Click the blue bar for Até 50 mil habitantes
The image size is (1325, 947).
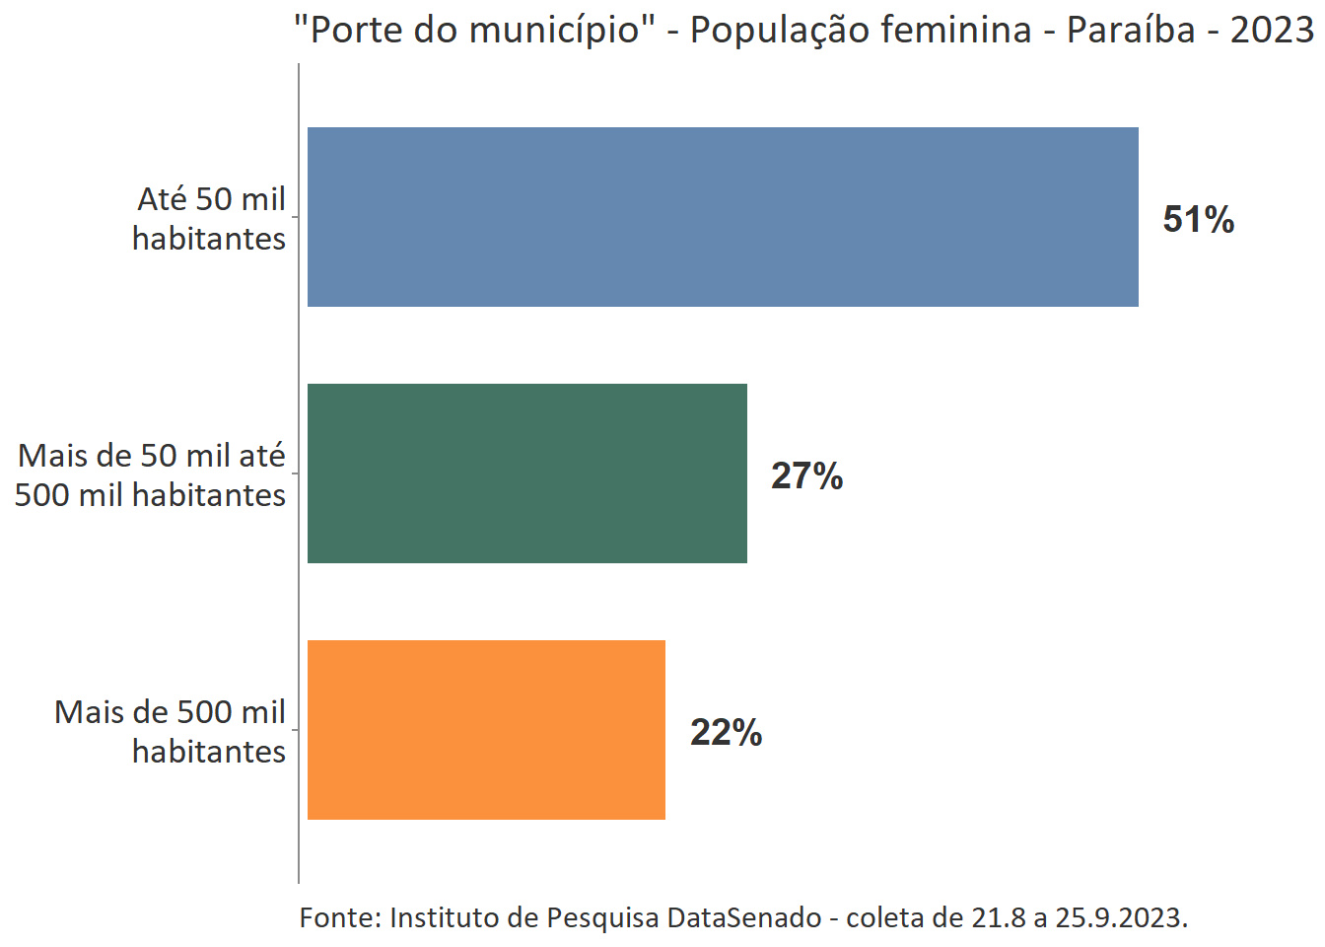point(723,217)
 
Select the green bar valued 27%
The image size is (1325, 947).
point(527,473)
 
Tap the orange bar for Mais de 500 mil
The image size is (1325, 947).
point(486,730)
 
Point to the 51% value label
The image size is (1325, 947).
point(1198,219)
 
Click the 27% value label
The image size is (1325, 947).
point(806,475)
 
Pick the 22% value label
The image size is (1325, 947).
point(726,732)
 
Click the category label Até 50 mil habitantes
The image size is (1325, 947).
point(210,218)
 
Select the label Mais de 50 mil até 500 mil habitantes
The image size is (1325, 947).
point(151,474)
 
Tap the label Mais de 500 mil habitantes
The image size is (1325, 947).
point(170,731)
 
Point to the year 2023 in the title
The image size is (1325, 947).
point(1272,30)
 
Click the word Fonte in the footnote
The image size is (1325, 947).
point(339,917)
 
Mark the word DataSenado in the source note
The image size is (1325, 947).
point(743,917)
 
